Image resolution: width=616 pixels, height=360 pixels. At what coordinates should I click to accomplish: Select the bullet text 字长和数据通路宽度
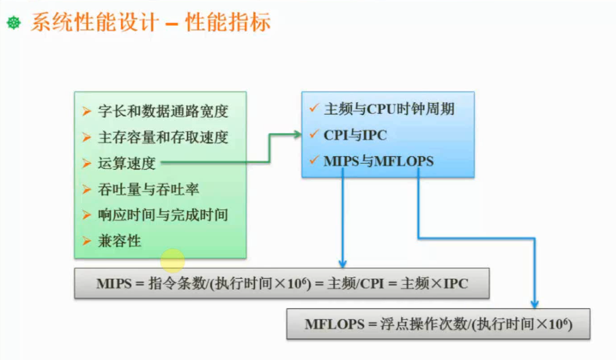[x=163, y=111]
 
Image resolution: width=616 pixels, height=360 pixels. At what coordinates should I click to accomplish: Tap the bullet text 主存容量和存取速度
[x=163, y=137]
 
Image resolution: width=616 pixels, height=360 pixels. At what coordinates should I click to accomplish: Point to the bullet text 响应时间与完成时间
[x=163, y=215]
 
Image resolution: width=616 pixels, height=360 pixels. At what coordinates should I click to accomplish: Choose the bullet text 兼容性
[x=120, y=241]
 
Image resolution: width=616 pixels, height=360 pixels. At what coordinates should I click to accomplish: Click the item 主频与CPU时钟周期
[x=389, y=108]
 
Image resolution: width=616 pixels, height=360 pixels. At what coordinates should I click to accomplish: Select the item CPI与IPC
[x=355, y=135]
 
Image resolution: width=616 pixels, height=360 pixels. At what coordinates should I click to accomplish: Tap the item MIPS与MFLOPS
[x=379, y=162]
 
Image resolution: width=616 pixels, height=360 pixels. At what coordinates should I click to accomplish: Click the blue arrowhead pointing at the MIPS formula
[x=343, y=264]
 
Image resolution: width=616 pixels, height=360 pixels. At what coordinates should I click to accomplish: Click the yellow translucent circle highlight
[x=173, y=260]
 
